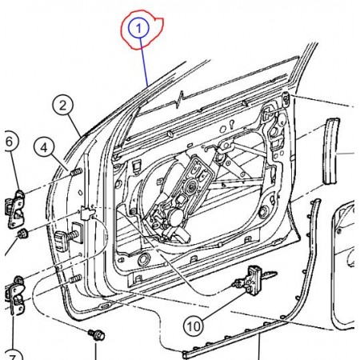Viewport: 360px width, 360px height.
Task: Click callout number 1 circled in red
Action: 138,28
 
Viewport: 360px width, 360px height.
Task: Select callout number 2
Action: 63,105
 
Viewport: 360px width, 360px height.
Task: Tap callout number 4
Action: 44,147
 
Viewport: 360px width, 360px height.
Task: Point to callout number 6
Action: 10,142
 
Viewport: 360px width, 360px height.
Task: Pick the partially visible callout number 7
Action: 13,356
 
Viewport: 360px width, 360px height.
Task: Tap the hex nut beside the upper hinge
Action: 23,234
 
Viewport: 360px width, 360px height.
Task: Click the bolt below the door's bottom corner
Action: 97,335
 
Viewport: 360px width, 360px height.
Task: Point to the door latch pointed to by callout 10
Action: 254,280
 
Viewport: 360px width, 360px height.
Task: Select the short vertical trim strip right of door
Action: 331,151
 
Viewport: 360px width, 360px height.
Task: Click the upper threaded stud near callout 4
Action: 76,171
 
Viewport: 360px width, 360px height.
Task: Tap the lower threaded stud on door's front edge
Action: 75,279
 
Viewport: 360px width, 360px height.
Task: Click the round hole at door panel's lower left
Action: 144,259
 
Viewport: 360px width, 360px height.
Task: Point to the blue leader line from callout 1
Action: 143,62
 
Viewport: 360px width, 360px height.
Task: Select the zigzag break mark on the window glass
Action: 181,98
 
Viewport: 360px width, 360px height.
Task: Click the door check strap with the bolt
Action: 69,236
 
